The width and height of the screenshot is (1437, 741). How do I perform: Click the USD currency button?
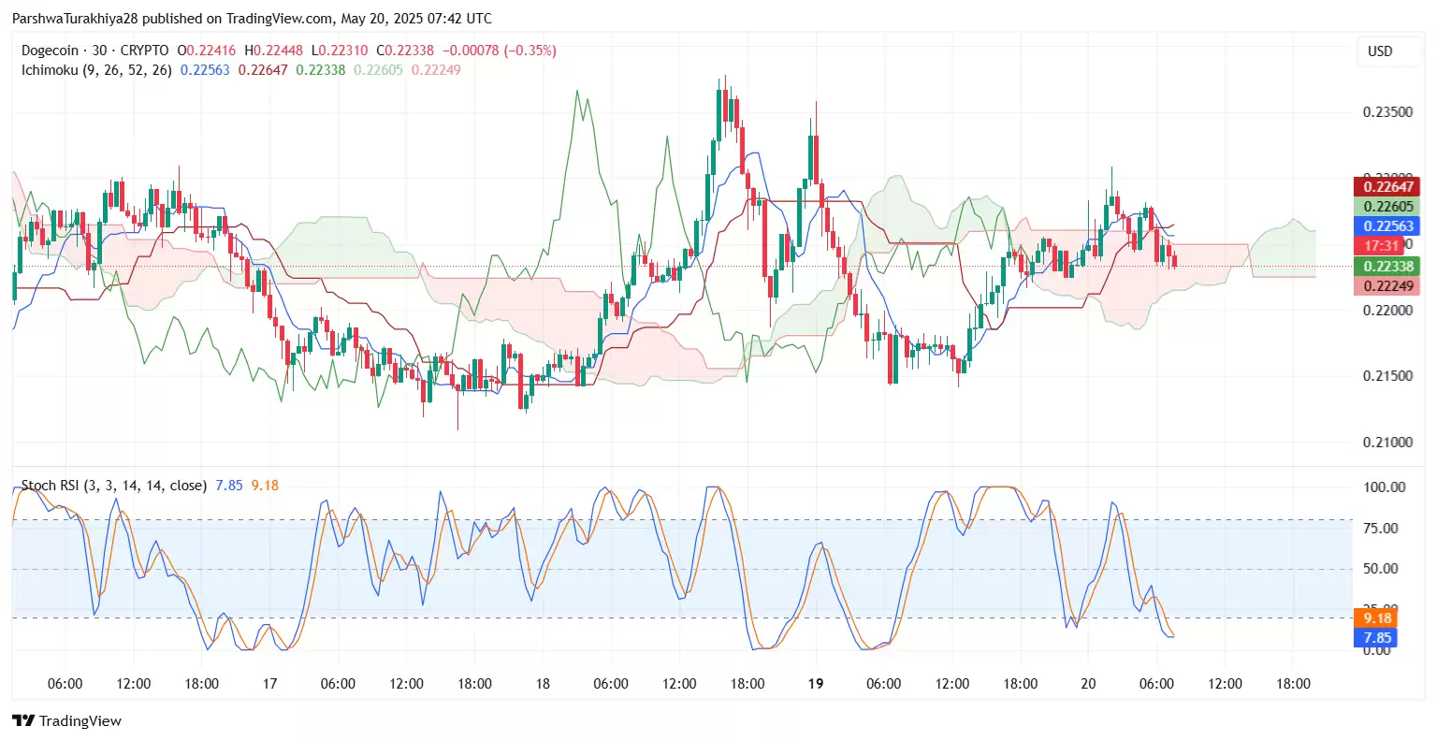click(1380, 51)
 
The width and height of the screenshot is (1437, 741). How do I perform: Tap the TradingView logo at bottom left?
click(67, 720)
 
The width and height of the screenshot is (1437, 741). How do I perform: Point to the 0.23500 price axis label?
click(1387, 112)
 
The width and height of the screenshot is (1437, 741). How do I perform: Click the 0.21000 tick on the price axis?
click(1387, 443)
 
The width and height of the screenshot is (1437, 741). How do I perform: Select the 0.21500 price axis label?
click(1387, 376)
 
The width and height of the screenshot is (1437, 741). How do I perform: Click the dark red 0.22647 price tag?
click(1387, 187)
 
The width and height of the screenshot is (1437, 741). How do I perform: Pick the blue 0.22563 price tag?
click(1387, 226)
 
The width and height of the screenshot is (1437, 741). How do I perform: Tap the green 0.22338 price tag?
click(1387, 267)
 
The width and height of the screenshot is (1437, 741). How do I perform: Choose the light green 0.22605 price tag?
click(1387, 207)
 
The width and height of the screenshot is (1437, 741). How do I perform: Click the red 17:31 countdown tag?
click(1381, 246)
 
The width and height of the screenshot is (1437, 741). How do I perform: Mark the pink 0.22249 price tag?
click(1387, 286)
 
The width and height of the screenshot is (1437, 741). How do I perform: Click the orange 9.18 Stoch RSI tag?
click(1376, 618)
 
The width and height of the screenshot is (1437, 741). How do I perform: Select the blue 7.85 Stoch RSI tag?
click(1376, 638)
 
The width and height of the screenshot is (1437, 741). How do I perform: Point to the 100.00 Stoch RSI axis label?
click(1384, 487)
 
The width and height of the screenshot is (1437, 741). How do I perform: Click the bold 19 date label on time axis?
click(816, 684)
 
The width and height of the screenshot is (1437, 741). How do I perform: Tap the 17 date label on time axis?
click(269, 684)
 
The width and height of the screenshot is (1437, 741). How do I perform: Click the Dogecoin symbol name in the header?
click(51, 51)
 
